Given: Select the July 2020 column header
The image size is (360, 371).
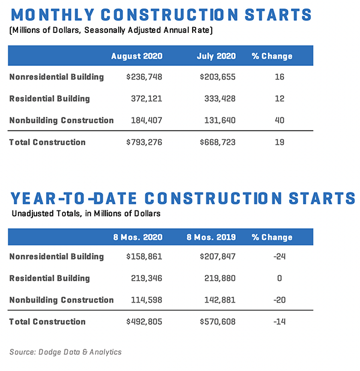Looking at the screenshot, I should (x=216, y=56).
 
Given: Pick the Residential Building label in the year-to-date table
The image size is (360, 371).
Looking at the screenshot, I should (x=50, y=278).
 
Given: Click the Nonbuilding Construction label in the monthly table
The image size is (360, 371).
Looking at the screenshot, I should (x=62, y=120).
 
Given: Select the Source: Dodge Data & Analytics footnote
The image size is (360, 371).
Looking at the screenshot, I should (x=65, y=352).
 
